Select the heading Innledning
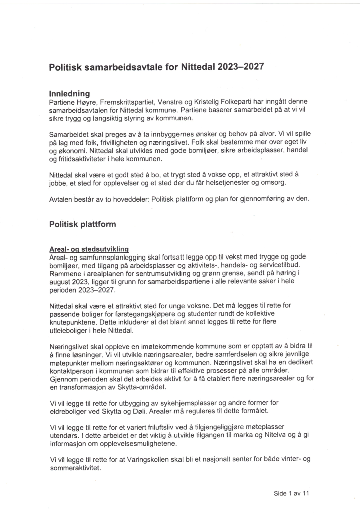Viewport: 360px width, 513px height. [69, 93]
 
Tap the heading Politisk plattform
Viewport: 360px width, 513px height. [82, 224]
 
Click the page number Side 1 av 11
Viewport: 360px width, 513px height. [292, 493]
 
